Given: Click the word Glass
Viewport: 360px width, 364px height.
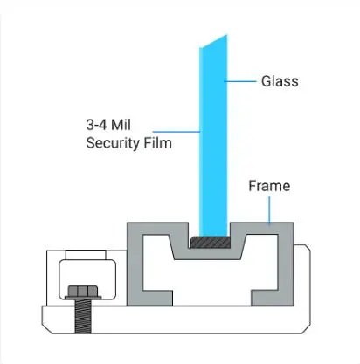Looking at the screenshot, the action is pyautogui.click(x=280, y=81).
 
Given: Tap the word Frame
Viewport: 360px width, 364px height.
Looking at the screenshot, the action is pyautogui.click(x=269, y=186).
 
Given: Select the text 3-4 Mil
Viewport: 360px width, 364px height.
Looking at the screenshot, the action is pyautogui.click(x=108, y=125).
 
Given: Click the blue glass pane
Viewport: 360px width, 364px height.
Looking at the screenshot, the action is pyautogui.click(x=213, y=137).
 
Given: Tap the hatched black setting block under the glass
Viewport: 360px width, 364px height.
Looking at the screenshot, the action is pyautogui.click(x=210, y=242).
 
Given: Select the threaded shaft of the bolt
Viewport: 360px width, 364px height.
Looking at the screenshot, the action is pyautogui.click(x=83, y=317).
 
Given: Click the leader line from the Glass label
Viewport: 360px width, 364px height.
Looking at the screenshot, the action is pyautogui.click(x=240, y=81).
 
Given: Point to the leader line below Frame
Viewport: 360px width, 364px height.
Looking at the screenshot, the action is pyautogui.click(x=269, y=210).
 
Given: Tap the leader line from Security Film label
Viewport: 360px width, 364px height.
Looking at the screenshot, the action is pyautogui.click(x=177, y=132).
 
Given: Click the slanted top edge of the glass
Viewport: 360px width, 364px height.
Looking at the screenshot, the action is pyautogui.click(x=213, y=41).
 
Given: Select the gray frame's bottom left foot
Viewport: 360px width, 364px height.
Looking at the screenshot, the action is pyautogui.click(x=157, y=298).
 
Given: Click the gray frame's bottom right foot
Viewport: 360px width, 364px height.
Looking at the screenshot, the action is pyautogui.click(x=266, y=298).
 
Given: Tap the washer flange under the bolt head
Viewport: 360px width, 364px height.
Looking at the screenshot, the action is pyautogui.click(x=83, y=298).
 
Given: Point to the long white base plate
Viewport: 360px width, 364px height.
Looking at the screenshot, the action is pyautogui.click(x=177, y=319).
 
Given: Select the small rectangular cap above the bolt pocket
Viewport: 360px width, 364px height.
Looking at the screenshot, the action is pyautogui.click(x=86, y=255).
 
